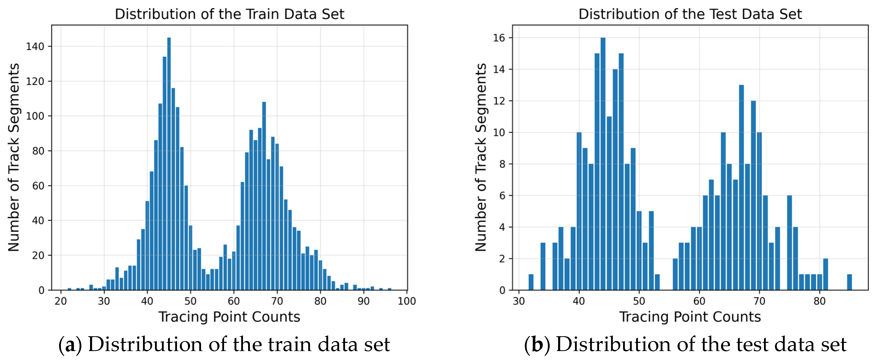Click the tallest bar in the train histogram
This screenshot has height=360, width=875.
click(x=169, y=163)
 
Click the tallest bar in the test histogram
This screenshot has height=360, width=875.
click(x=603, y=163)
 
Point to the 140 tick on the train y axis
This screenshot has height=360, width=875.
click(x=35, y=47)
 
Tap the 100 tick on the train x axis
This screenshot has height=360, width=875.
click(x=407, y=301)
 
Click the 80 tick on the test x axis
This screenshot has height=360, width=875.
click(x=819, y=301)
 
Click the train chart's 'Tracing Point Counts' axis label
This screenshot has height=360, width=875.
click(x=229, y=317)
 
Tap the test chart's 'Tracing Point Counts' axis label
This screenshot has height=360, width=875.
click(x=690, y=317)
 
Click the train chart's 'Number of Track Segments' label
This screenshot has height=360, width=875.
click(x=14, y=157)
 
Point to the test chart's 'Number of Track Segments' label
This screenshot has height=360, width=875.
click(x=481, y=157)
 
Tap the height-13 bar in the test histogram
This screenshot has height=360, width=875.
click(x=741, y=187)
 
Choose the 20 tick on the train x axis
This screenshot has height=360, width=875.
click(x=61, y=301)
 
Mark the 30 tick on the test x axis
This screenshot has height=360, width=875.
click(x=519, y=301)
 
